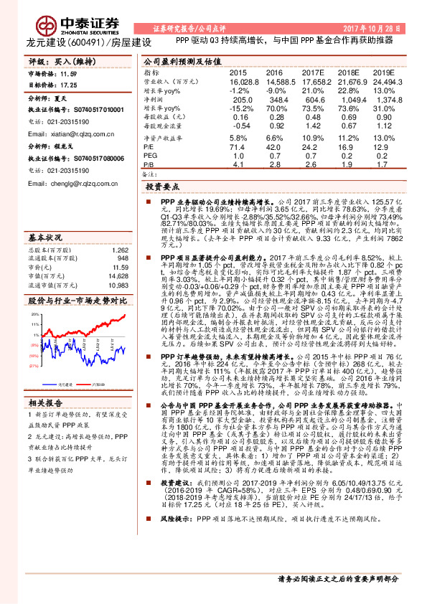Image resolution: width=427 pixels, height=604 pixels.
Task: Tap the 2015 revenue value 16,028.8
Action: tap(239, 83)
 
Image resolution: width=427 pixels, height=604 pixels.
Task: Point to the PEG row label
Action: tap(149, 154)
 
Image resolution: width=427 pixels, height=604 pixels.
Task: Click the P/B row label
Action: tap(149, 164)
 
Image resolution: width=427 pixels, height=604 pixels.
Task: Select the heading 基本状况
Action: tap(45, 236)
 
